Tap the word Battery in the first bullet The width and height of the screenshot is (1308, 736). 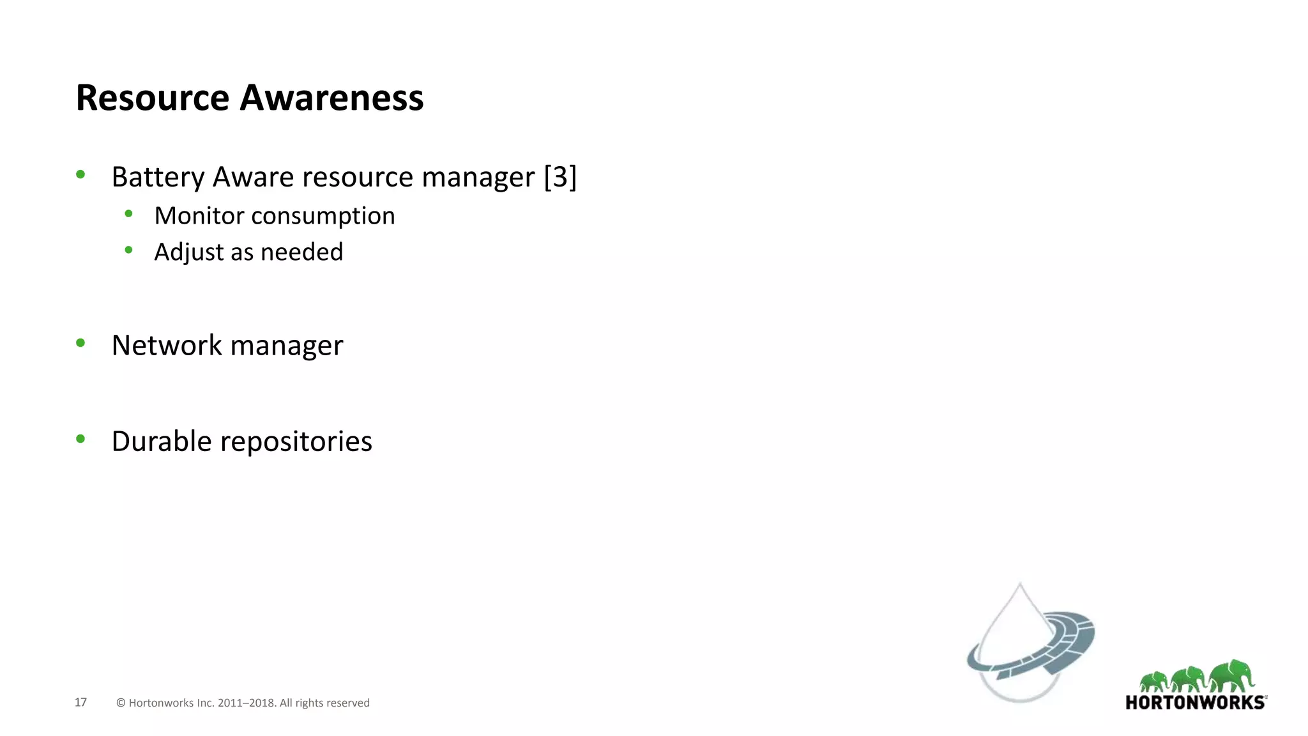pyautogui.click(x=158, y=177)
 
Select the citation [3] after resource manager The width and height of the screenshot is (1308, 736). pyautogui.click(x=560, y=177)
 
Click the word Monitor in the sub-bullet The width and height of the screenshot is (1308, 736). pyautogui.click(x=199, y=216)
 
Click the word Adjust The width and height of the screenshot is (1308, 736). pyautogui.click(x=188, y=252)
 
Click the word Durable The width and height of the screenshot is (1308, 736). pyautogui.click(x=162, y=441)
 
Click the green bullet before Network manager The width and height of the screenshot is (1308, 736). pyautogui.click(x=80, y=343)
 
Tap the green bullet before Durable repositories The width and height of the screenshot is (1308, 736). pyautogui.click(x=80, y=438)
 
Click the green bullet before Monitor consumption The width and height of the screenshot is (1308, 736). pyautogui.click(x=128, y=214)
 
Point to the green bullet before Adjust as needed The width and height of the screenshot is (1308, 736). pyautogui.click(x=128, y=250)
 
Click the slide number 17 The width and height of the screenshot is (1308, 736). pyautogui.click(x=80, y=702)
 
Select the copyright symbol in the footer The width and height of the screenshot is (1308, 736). pyautogui.click(x=121, y=703)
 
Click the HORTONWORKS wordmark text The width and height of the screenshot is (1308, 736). pyautogui.click(x=1195, y=703)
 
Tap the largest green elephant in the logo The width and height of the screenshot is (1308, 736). pyautogui.click(x=1233, y=676)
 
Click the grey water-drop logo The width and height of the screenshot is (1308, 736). pyautogui.click(x=1025, y=645)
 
